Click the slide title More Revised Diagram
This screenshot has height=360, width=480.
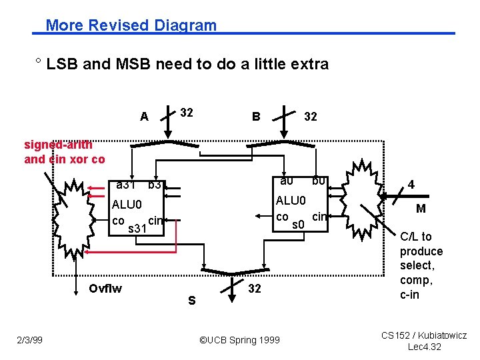[x=131, y=25]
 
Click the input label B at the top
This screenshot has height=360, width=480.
[x=255, y=117]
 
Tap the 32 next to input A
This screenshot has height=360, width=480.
[x=186, y=113]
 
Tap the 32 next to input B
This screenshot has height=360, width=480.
[x=310, y=117]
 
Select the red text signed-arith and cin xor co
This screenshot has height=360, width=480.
[x=65, y=152]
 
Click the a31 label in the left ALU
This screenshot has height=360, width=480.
[x=126, y=184]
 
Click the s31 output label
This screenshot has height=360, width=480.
[x=137, y=229]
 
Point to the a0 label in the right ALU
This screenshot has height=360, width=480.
[x=287, y=181]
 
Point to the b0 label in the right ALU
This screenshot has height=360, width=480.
[x=318, y=181]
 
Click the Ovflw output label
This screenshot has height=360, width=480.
[x=105, y=288]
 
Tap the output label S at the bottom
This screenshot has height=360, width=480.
[x=191, y=301]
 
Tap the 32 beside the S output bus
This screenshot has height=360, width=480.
[x=254, y=288]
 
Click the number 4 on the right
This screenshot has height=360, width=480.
[x=411, y=183]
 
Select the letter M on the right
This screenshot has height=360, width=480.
[x=421, y=209]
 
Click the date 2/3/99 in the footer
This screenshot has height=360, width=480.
[x=29, y=340]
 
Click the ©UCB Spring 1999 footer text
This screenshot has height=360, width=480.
[x=239, y=340]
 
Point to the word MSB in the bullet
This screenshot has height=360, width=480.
[x=135, y=64]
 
